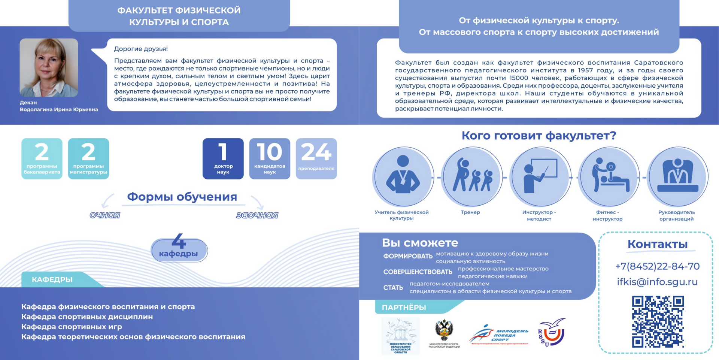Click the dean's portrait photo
pos(49,67)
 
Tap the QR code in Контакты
pos(658,321)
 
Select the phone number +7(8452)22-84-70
pos(657,266)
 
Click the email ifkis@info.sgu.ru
pos(657,282)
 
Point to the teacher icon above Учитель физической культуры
pos(403,176)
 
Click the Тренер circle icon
pos(471,176)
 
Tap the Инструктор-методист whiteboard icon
pos(540,176)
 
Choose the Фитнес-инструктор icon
pos(609,176)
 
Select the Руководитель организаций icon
pos(677,176)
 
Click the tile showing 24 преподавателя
pos(316,158)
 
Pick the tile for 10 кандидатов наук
pos(270,158)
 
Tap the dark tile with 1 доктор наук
pos(223,158)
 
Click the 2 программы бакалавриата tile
pos(42,158)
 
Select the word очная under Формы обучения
pos(105,215)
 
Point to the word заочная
pos(257,215)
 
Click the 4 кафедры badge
pos(179,249)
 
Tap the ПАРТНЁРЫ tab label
pos(404,308)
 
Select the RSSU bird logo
pos(551,332)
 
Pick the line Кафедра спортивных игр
pos(72,327)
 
